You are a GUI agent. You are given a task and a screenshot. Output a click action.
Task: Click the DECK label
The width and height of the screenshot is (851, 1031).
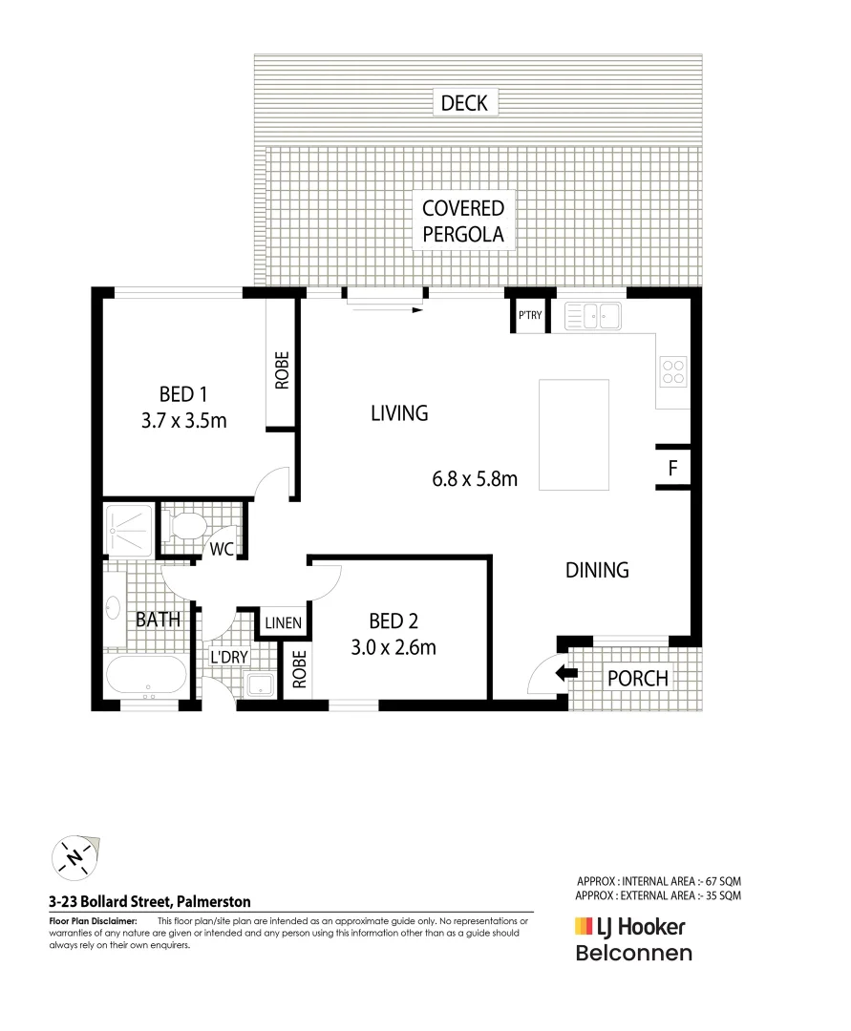465,102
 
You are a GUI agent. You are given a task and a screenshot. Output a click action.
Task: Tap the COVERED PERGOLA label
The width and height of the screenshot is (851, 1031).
463,221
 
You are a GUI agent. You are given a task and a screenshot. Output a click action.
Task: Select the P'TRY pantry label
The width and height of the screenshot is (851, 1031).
529,316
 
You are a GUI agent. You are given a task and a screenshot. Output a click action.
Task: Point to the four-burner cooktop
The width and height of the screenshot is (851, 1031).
672,370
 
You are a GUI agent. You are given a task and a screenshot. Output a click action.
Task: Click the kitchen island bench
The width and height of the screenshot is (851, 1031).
574,434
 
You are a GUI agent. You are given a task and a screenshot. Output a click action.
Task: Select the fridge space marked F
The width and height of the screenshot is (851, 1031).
673,469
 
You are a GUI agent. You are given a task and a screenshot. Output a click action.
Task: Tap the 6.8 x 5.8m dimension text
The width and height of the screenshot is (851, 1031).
475,479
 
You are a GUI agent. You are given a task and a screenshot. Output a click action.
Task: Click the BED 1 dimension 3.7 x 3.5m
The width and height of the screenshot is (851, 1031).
183,420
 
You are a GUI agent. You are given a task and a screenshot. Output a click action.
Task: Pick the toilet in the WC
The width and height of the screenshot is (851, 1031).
183,526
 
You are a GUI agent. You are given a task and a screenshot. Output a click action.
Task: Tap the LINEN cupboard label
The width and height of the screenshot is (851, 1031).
283,623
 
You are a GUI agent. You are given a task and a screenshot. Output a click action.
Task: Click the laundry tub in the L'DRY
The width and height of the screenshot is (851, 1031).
259,684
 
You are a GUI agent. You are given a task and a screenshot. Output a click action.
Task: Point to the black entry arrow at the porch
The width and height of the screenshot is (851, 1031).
566,673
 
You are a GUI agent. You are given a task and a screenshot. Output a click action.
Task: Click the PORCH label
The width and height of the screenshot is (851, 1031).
638,679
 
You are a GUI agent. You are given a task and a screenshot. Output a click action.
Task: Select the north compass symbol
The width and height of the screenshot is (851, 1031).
74,856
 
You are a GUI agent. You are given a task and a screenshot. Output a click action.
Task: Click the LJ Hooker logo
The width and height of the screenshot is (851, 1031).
629,925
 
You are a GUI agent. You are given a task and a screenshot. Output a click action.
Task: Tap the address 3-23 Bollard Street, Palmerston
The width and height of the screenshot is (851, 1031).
150,900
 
